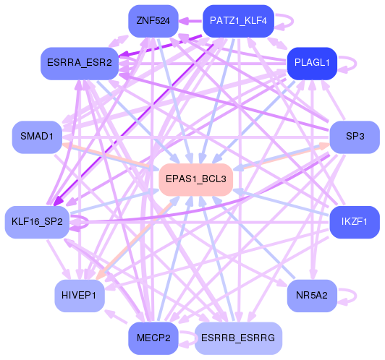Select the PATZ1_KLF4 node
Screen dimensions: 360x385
[238, 21]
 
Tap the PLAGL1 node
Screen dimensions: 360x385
[312, 63]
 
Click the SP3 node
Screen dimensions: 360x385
[355, 137]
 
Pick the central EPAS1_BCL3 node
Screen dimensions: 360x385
[195, 178]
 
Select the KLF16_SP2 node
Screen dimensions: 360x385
[37, 222]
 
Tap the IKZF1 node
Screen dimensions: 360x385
[355, 222]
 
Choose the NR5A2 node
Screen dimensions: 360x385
[312, 295]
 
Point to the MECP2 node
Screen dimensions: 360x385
[153, 337]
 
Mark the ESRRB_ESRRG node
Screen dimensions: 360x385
[238, 337]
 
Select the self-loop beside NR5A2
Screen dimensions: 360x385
[350, 295]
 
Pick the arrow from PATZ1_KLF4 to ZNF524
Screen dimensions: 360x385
[188, 21]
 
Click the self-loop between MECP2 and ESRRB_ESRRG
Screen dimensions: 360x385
[186, 337]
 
